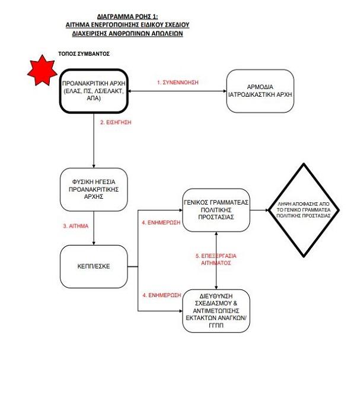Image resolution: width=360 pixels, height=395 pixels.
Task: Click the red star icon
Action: click(x=42, y=71)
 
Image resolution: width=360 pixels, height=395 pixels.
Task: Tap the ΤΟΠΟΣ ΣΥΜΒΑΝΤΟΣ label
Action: click(x=84, y=54)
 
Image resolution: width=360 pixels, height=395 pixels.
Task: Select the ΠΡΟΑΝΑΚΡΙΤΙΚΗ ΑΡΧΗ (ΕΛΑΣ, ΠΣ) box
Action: click(x=94, y=91)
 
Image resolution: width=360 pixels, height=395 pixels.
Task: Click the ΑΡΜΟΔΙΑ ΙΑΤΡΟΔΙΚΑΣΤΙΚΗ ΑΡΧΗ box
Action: click(x=260, y=91)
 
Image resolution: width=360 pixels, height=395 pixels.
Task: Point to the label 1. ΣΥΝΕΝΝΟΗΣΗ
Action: click(x=177, y=82)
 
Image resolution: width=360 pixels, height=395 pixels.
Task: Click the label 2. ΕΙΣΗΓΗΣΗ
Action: click(x=116, y=122)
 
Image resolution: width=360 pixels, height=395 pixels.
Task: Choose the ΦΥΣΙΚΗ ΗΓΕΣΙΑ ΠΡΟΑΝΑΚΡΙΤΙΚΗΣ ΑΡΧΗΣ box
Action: click(x=94, y=189)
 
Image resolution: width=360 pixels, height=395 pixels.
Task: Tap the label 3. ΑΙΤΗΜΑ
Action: click(x=75, y=226)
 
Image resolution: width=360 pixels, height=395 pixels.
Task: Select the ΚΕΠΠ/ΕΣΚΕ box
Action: click(x=94, y=266)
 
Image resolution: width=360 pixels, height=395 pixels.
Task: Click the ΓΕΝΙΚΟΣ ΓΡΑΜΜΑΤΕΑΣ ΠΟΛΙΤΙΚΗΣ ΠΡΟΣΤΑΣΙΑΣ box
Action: click(x=216, y=210)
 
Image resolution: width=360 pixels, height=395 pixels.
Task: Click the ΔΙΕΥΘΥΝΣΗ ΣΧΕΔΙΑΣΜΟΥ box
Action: click(x=216, y=311)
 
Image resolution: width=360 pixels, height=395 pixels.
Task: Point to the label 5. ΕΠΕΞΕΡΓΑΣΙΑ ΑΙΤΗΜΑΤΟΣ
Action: click(x=216, y=259)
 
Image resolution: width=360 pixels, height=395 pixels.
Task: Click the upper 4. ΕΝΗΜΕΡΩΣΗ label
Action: click(x=161, y=222)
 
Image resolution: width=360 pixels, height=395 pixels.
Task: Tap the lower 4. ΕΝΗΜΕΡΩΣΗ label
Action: click(x=161, y=295)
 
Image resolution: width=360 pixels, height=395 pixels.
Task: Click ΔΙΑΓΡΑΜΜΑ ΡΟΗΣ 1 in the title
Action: click(x=128, y=17)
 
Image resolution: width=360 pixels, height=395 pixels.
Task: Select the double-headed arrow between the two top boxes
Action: click(x=177, y=91)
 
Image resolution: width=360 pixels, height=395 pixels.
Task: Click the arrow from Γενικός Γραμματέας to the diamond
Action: click(x=260, y=210)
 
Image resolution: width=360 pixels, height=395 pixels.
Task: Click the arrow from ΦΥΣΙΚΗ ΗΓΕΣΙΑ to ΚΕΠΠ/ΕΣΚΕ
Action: click(x=94, y=228)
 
